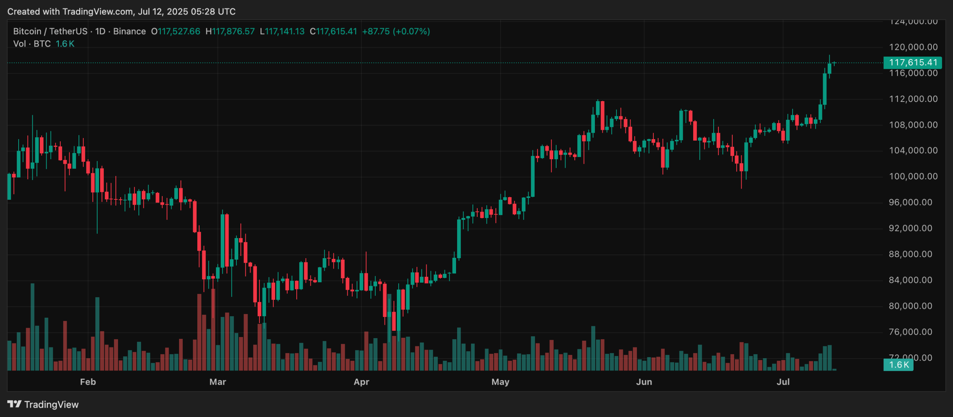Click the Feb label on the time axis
point(88,382)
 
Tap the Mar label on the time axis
point(218,382)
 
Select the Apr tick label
point(361,382)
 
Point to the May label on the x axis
point(500,382)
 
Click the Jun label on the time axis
point(644,382)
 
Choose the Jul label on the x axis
point(783,382)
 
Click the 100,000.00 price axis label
point(913,176)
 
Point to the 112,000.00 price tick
point(913,99)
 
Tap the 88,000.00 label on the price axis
point(913,254)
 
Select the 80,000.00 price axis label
point(913,306)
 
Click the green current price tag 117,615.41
point(913,62)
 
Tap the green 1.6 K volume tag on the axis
point(898,365)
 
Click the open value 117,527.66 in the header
point(179,31)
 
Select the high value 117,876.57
point(233,31)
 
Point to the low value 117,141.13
point(284,31)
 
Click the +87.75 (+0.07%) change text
point(396,31)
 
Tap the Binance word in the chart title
point(129,31)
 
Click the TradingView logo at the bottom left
point(43,404)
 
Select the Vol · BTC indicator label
point(32,44)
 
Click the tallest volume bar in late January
point(32,327)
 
